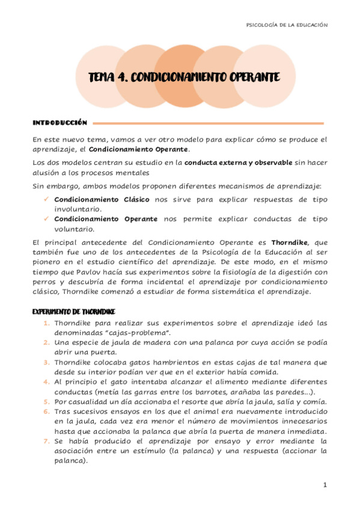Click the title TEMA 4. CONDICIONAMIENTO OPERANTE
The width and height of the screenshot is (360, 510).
click(x=184, y=78)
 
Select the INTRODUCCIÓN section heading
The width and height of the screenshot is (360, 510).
click(x=59, y=122)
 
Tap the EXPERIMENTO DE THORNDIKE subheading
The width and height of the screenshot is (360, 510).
click(x=73, y=312)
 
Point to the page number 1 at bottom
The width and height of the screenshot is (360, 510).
click(x=325, y=485)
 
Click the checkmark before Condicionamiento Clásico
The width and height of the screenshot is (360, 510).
click(x=46, y=199)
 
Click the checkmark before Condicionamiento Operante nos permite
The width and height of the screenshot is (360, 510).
click(x=46, y=220)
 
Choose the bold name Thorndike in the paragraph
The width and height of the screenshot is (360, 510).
click(x=288, y=242)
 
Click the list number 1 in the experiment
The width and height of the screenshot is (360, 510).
click(x=46, y=323)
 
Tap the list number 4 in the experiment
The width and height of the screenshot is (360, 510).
click(x=46, y=381)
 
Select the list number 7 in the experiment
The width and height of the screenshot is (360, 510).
click(x=46, y=440)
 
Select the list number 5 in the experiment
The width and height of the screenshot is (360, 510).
click(x=46, y=401)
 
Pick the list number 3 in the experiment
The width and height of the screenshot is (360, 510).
click(x=46, y=362)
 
